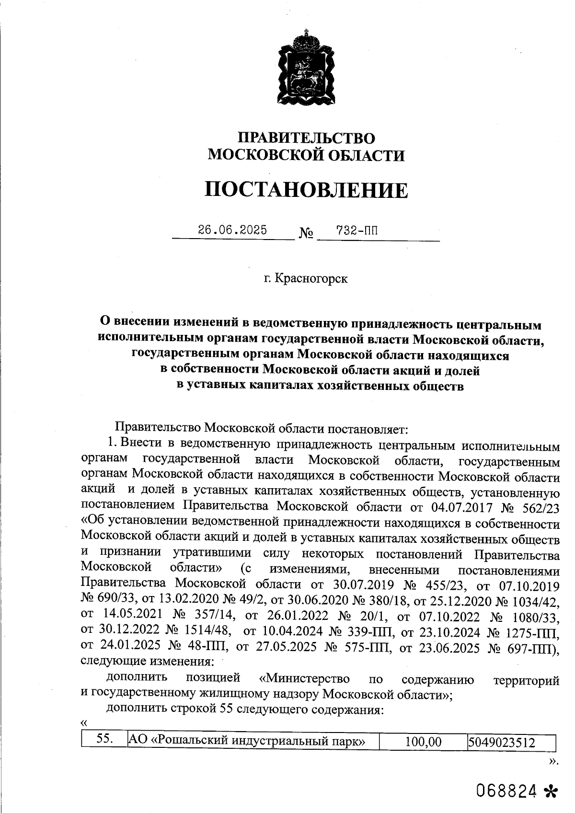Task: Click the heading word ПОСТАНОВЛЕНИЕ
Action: coord(307,190)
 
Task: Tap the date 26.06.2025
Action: coord(233,230)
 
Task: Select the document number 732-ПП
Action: coord(357,230)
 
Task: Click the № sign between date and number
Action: coord(306,234)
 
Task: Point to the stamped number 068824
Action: coord(506,791)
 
